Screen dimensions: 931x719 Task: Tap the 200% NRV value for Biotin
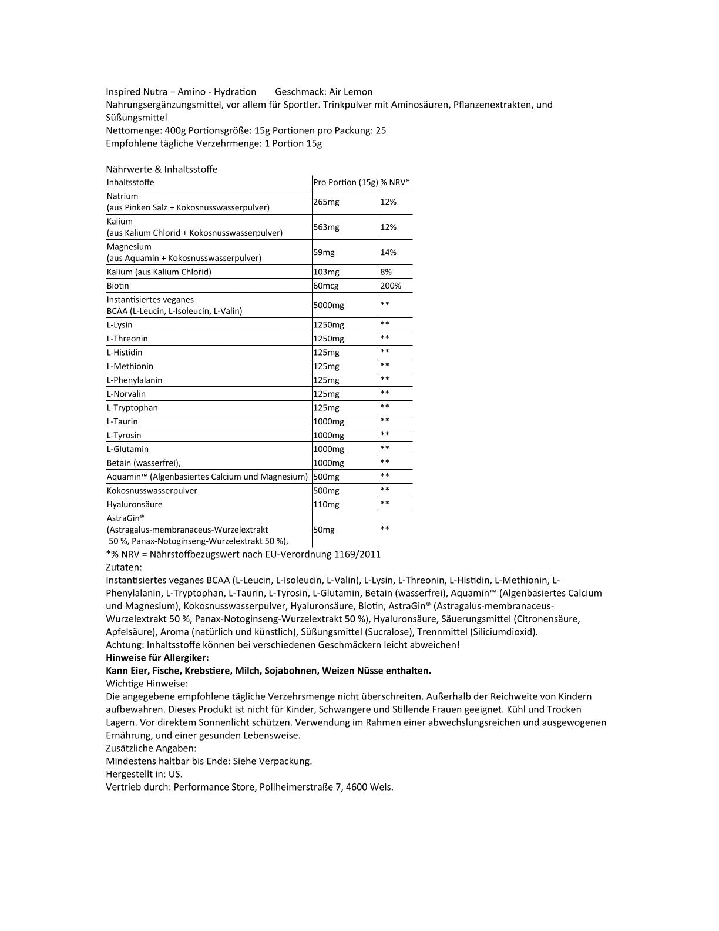point(391,286)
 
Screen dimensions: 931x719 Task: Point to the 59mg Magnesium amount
point(324,252)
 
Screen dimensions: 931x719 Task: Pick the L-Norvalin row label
point(126,394)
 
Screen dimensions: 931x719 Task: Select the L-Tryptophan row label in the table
point(132,408)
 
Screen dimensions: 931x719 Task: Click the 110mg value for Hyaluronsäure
point(326,504)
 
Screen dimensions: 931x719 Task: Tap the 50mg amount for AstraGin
point(324,530)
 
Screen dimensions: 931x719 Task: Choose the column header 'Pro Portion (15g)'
point(345,182)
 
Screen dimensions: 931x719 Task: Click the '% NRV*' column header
point(395,182)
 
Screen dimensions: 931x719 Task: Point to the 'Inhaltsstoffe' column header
point(130,182)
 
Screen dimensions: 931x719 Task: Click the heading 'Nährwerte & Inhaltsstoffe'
point(162,169)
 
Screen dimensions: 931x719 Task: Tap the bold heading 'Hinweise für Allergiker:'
point(157,658)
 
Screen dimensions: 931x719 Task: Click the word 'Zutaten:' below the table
point(124,567)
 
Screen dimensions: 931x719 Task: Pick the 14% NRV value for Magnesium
point(388,252)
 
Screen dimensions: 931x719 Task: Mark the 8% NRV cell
point(386,272)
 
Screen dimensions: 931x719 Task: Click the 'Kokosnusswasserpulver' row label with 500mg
point(152,491)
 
